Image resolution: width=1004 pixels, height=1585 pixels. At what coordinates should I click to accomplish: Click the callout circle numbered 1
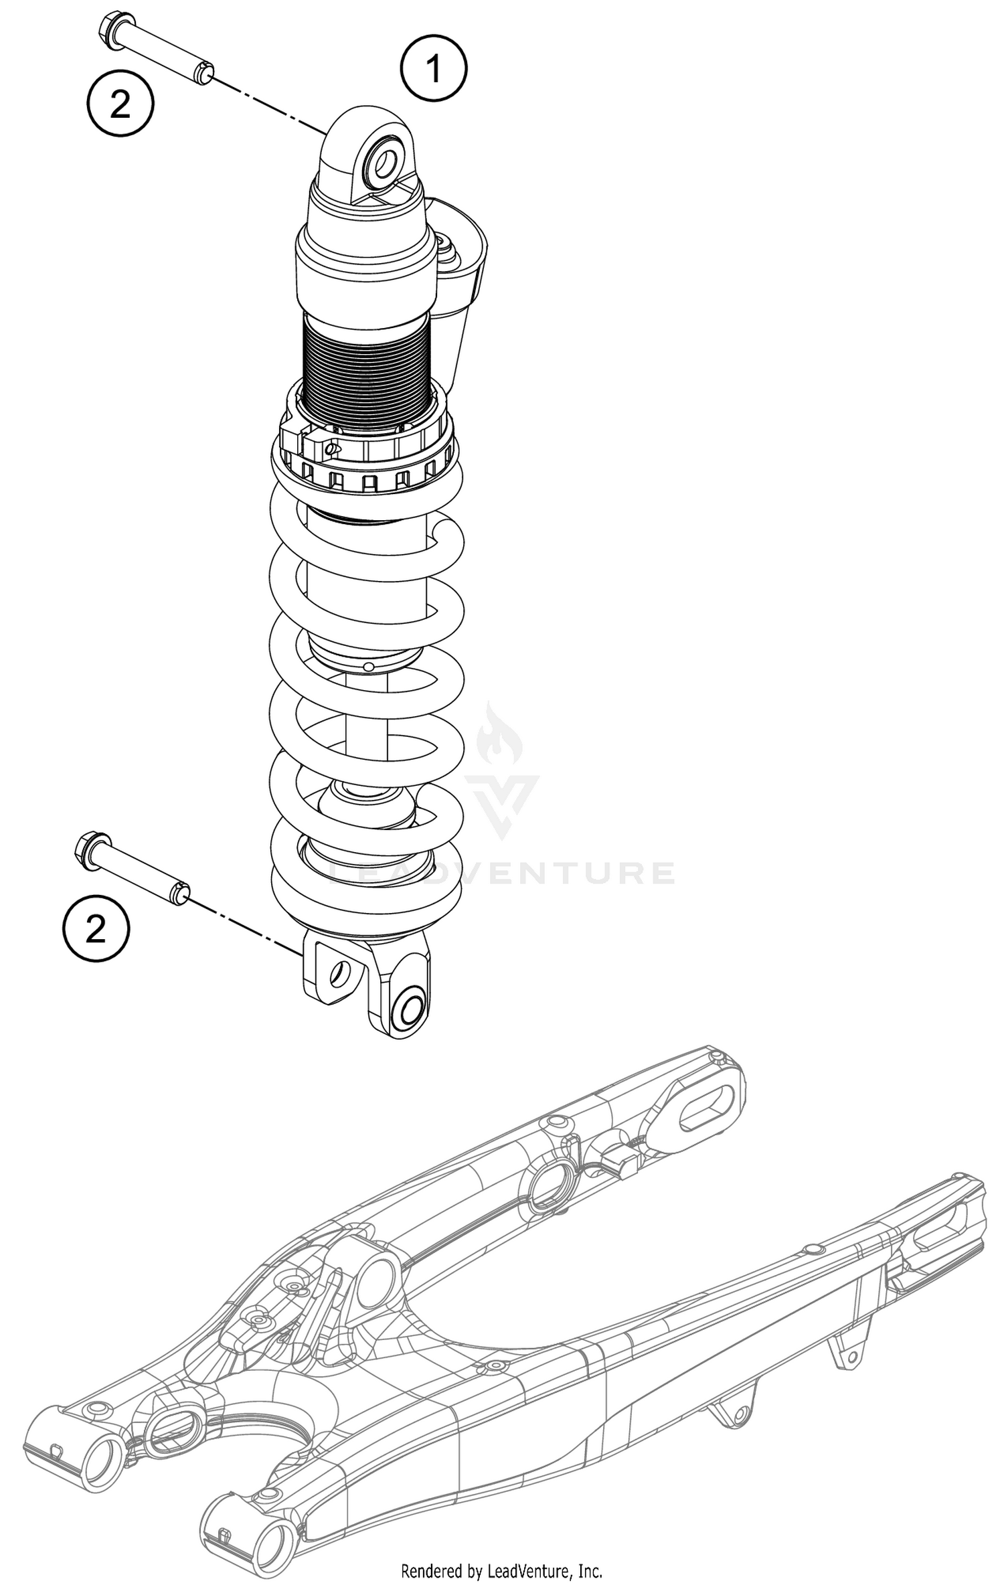(434, 69)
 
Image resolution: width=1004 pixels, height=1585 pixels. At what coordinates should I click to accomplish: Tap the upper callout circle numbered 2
(120, 105)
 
